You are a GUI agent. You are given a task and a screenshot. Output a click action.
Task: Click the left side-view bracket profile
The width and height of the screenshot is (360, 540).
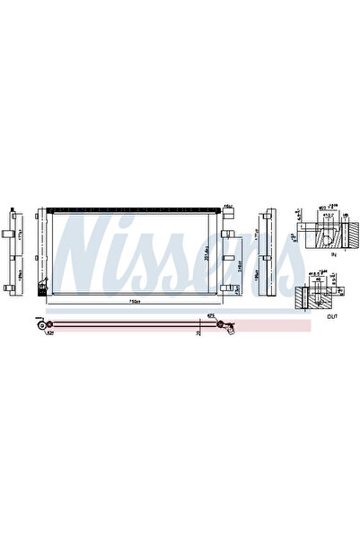pos(14,243)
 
